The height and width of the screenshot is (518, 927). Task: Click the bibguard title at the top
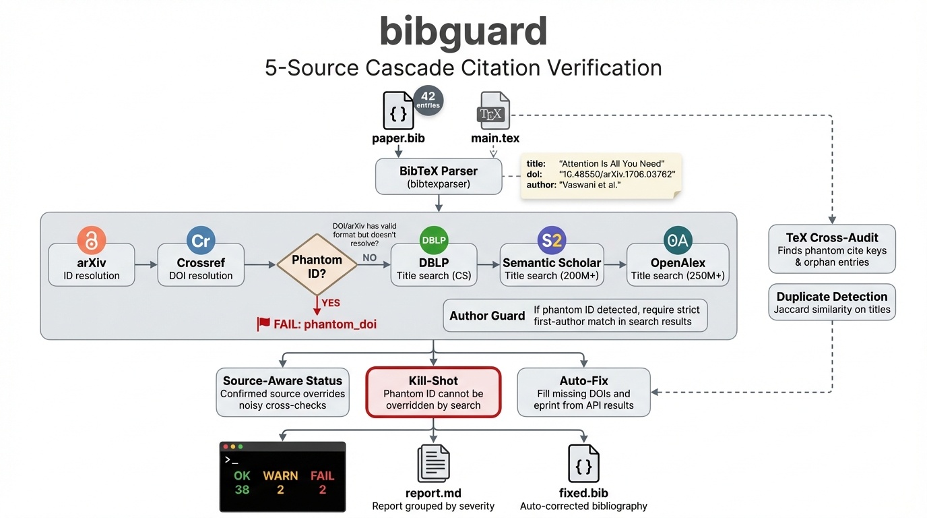click(463, 31)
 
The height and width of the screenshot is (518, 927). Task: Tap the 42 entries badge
click(428, 100)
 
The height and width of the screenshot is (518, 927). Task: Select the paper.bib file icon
click(398, 111)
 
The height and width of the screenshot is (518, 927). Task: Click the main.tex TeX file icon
click(494, 111)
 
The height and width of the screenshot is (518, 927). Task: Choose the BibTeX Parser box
click(439, 177)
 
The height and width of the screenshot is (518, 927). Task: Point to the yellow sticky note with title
click(600, 175)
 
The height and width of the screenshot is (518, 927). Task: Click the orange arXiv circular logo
click(92, 240)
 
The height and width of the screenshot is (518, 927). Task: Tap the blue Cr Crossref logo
click(201, 241)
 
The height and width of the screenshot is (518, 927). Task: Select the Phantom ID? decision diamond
click(317, 265)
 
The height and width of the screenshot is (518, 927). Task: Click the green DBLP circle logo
click(433, 240)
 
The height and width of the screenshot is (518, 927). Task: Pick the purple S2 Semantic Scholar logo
click(551, 240)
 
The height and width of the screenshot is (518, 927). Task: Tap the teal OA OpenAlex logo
click(678, 240)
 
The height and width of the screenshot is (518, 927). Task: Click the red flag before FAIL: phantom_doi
click(263, 324)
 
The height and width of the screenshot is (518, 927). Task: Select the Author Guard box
click(575, 316)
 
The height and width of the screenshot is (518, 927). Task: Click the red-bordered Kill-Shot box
click(433, 393)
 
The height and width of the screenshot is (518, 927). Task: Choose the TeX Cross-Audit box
click(831, 249)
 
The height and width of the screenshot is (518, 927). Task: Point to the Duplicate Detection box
click(831, 302)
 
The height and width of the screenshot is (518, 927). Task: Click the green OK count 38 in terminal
click(242, 490)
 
